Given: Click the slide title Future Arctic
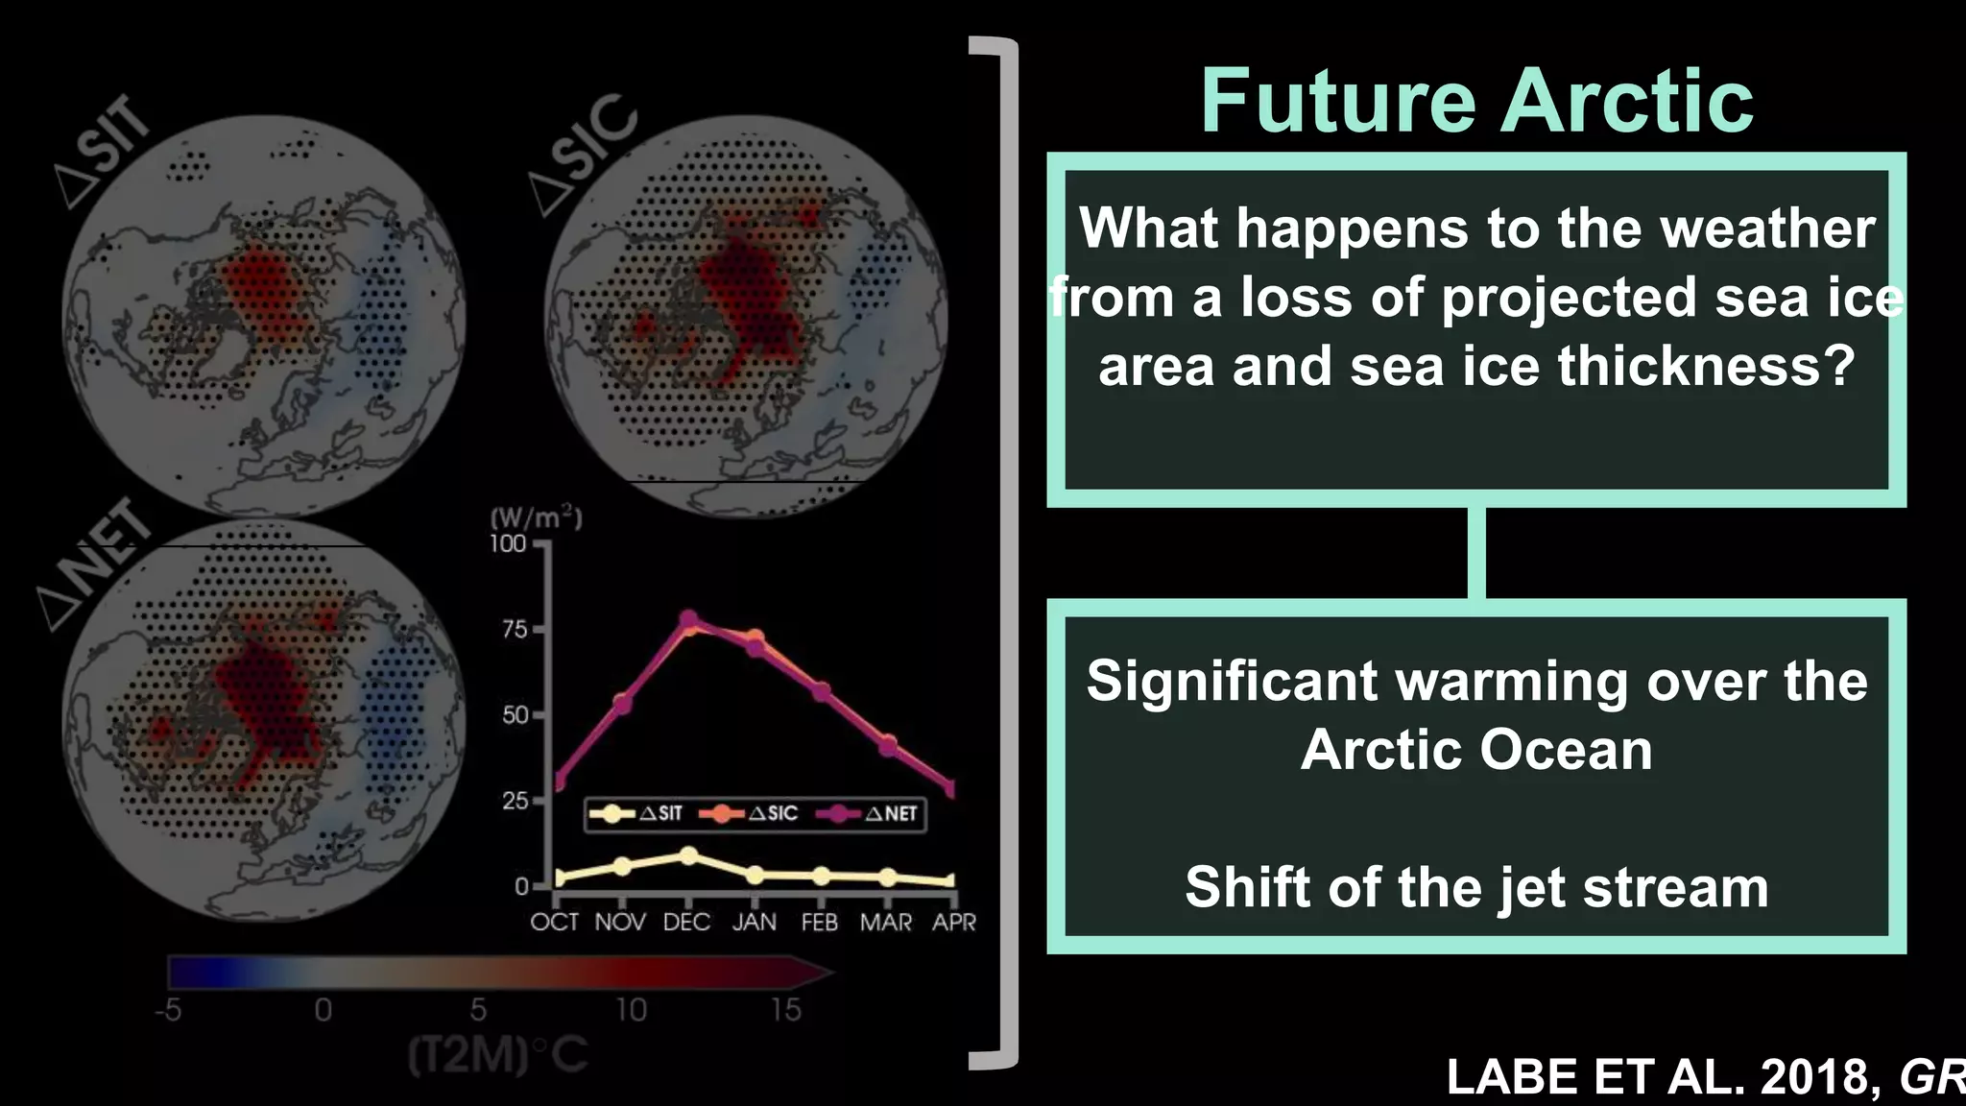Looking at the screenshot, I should (1476, 102).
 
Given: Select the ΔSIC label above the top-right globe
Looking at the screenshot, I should (584, 154).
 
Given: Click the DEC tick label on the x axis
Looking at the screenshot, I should (686, 923).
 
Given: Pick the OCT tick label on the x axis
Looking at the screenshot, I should (554, 923).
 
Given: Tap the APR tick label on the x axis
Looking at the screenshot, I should (953, 923).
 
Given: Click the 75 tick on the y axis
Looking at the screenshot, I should (515, 630).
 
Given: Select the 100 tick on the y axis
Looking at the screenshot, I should (508, 544).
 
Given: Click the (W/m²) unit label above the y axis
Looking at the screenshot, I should (536, 517).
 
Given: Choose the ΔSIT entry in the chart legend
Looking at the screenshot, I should (637, 814).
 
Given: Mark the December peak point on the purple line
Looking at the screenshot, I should (688, 619).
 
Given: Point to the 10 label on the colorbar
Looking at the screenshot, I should (631, 1010).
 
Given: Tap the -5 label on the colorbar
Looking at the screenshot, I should (168, 1010).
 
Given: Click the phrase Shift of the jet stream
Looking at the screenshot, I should (1476, 887).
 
